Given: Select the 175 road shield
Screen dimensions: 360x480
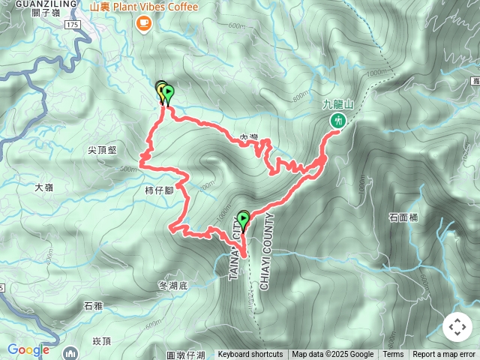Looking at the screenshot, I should pos(72,25).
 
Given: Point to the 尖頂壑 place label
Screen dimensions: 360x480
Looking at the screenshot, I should pos(102,150).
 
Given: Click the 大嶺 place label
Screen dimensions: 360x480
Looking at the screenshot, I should pos(44,187).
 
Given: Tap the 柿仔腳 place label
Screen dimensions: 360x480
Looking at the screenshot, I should pos(159,190).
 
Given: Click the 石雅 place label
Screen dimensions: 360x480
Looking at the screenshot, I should pos(93,306).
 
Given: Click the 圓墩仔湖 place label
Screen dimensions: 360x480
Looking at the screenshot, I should pos(185,354).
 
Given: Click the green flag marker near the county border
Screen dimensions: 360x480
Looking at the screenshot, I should pos(244,220).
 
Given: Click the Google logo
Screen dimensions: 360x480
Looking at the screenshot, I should pos(28,349).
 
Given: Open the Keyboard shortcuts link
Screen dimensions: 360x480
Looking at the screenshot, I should pos(250,355).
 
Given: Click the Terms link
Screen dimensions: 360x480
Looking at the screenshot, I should pos(393,355).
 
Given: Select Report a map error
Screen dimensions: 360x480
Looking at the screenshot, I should pos(444,355).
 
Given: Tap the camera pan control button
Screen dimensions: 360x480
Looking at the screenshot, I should pos(457,327).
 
